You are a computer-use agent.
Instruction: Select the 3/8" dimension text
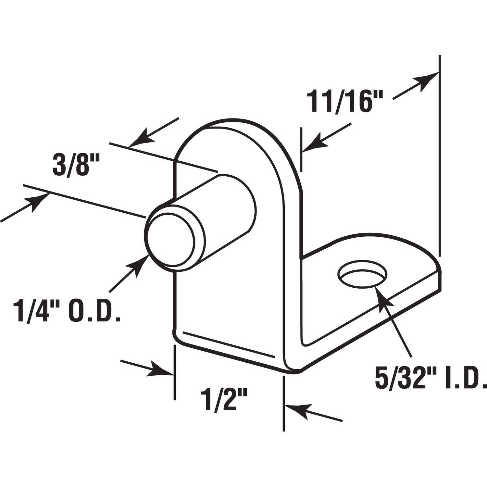71,166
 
